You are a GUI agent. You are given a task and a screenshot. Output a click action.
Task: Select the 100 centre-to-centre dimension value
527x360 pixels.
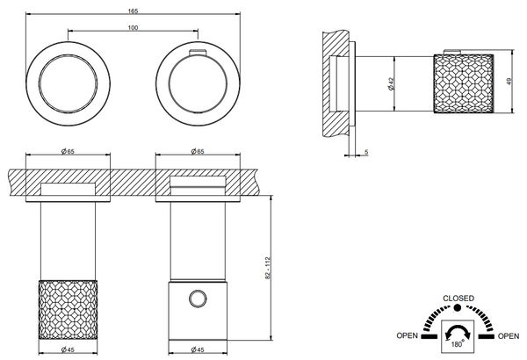point(132,29)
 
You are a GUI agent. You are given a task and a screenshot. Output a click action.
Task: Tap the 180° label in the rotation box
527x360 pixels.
point(457,343)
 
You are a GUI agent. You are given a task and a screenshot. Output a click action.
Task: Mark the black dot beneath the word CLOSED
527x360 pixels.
point(458,308)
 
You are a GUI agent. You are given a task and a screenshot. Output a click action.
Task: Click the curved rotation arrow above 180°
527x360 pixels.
point(458,331)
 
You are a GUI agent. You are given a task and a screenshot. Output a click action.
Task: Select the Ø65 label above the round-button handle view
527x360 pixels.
point(196,152)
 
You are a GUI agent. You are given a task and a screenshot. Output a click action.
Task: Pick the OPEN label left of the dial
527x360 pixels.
point(407,335)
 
